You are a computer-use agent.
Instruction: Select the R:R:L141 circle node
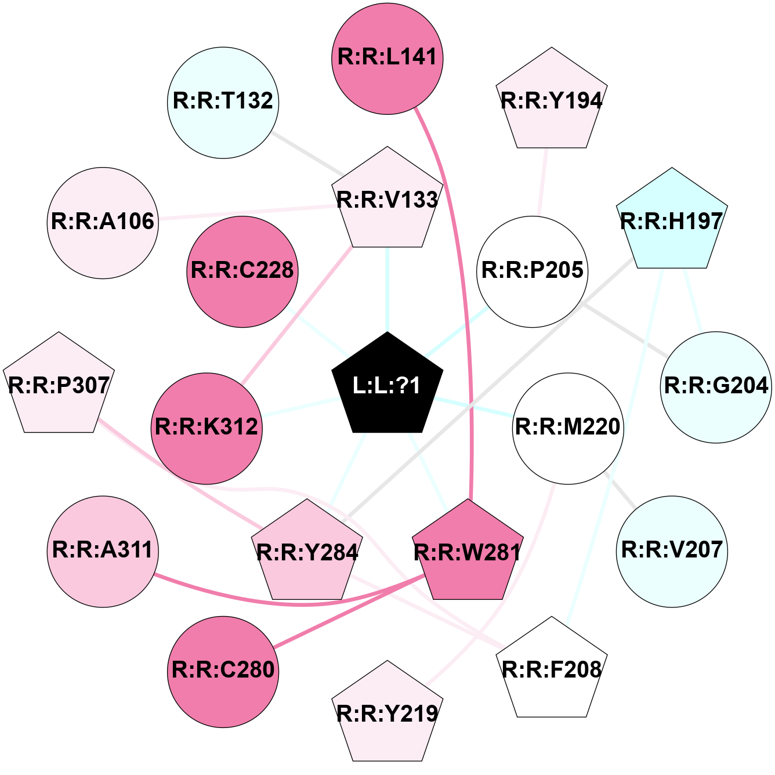pyautogui.click(x=387, y=59)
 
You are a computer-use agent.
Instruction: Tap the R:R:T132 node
pyautogui.click(x=223, y=103)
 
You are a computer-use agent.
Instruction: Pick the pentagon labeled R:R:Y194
pyautogui.click(x=552, y=100)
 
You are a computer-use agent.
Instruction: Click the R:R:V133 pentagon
pyautogui.click(x=387, y=200)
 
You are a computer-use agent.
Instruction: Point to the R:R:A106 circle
pyautogui.click(x=103, y=223)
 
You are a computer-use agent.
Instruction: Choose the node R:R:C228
pyautogui.click(x=242, y=271)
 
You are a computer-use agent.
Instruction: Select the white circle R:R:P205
pyautogui.click(x=532, y=271)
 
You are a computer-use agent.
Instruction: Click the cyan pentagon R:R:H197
pyautogui.click(x=672, y=221)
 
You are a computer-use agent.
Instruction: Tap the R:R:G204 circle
pyautogui.click(x=716, y=387)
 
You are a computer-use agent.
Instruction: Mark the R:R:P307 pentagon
pyautogui.click(x=59, y=385)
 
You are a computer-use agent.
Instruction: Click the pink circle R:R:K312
pyautogui.click(x=207, y=428)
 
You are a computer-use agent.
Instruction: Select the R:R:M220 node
pyautogui.click(x=568, y=428)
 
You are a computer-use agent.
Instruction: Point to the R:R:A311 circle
pyautogui.click(x=103, y=552)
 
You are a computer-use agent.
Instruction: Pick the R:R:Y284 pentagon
pyautogui.click(x=307, y=552)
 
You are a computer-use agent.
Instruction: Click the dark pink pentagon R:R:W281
pyautogui.click(x=468, y=552)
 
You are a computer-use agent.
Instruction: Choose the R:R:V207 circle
pyautogui.click(x=672, y=552)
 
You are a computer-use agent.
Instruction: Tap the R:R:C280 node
pyautogui.click(x=223, y=672)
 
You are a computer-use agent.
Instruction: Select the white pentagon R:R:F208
pyautogui.click(x=552, y=669)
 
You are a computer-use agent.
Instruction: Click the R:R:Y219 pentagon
pyautogui.click(x=387, y=714)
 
